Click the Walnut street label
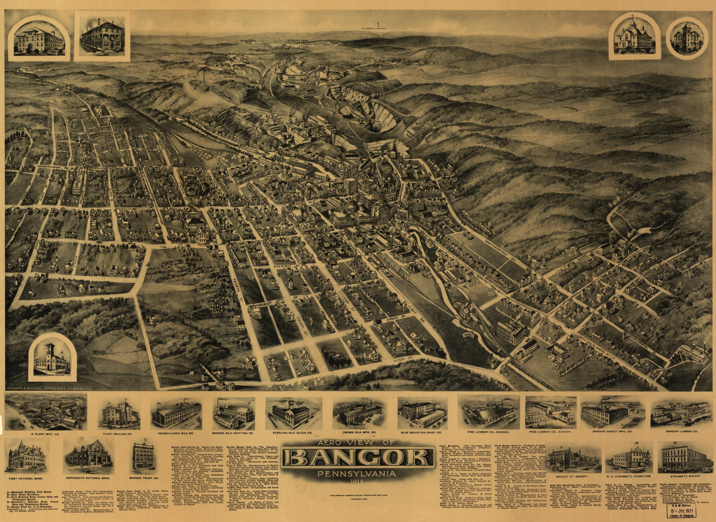[266, 303]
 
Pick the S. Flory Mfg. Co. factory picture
[46, 411]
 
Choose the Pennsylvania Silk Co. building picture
[176, 413]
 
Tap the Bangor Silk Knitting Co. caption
[233, 434]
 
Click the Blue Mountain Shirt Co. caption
[422, 434]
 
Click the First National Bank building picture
[27, 455]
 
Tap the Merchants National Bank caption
[88, 477]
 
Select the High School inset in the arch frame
[39, 38]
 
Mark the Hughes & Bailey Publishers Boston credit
[45, 388]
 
